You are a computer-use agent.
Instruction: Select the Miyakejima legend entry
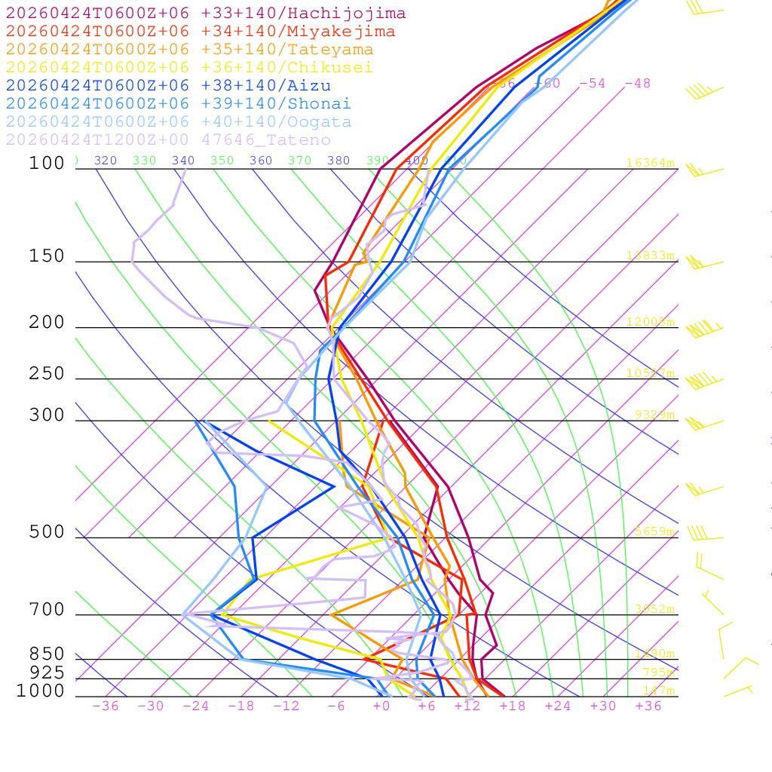[x=201, y=32]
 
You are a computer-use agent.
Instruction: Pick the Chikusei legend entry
[x=189, y=68]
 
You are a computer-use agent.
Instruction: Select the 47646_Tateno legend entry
[x=168, y=140]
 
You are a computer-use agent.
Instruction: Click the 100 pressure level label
[x=47, y=164]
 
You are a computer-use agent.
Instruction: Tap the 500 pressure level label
[x=47, y=533]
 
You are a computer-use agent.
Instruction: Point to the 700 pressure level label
[x=47, y=611]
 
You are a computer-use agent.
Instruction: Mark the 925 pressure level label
[x=47, y=673]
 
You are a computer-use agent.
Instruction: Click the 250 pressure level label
[x=47, y=375]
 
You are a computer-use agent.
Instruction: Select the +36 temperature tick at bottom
[x=648, y=706]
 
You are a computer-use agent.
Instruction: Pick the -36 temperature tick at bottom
[x=105, y=706]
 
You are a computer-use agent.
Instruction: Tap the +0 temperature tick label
[x=381, y=706]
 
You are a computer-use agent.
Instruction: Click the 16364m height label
[x=651, y=164]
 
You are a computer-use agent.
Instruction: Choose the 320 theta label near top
[x=105, y=161]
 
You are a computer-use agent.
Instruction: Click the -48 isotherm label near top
[x=637, y=84]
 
